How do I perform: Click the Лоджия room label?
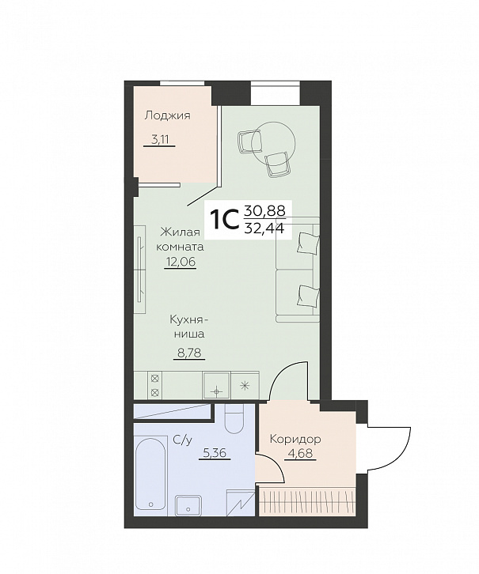(168, 116)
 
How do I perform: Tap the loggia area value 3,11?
(159, 139)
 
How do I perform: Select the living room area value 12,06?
(180, 262)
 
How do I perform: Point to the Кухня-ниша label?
(188, 327)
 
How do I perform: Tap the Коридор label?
(295, 439)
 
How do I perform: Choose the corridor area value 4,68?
(300, 454)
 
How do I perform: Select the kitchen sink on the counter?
(217, 385)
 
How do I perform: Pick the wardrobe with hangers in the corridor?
(308, 498)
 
